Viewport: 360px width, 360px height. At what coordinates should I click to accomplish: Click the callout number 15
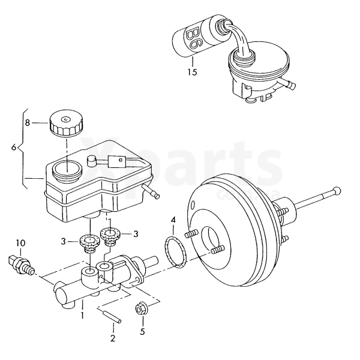click(x=191, y=73)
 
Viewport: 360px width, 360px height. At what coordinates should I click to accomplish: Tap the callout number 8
click(x=27, y=122)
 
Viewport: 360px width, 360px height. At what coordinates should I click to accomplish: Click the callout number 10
click(x=20, y=243)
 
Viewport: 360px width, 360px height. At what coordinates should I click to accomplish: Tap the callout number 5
click(x=142, y=331)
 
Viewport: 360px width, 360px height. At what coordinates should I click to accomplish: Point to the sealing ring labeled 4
click(x=175, y=250)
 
